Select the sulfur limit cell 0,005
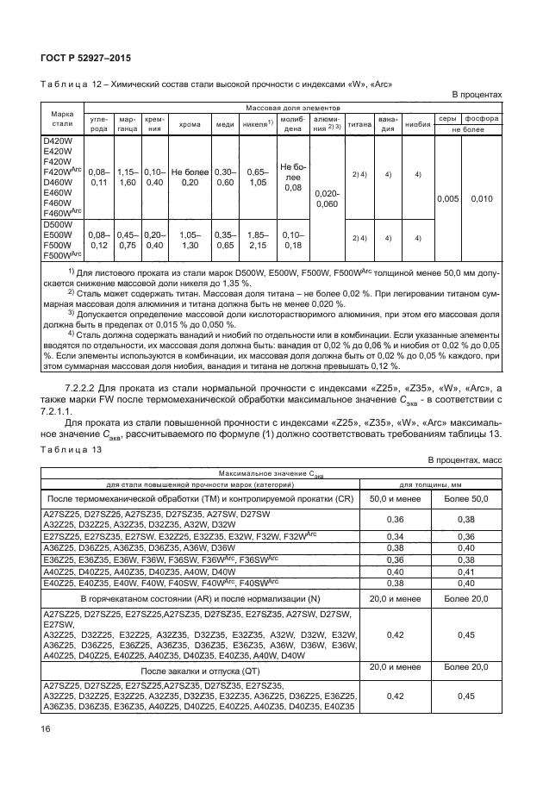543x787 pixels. [447, 198]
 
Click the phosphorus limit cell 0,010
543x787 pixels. [484, 198]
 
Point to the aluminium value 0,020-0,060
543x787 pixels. [327, 199]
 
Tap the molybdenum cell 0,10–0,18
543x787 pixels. [292, 239]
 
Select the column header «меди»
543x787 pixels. [225, 123]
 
